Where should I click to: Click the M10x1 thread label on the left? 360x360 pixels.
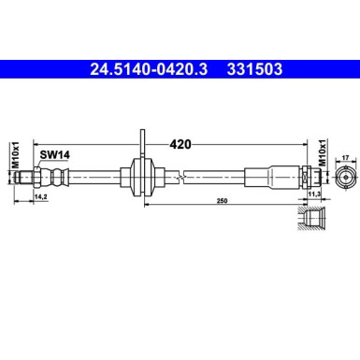point(16,153)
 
